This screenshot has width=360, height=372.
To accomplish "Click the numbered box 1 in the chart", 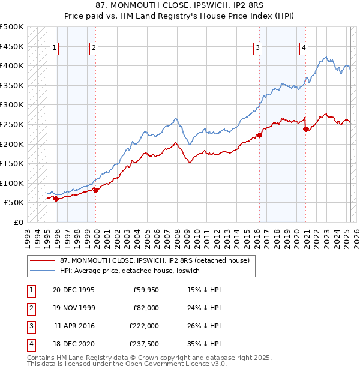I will click(x=54, y=49).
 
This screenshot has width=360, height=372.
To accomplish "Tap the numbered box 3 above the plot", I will click(x=257, y=49).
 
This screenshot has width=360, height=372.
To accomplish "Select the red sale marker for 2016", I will click(x=260, y=135).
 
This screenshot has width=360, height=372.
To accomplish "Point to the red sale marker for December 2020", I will click(x=306, y=129).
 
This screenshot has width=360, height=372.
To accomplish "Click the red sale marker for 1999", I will click(x=95, y=190).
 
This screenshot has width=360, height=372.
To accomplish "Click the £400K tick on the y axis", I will click(x=13, y=65).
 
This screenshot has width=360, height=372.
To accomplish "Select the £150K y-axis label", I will click(x=13, y=163).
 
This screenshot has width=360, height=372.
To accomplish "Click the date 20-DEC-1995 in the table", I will click(x=73, y=290).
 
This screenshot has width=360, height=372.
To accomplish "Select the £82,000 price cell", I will click(x=146, y=308).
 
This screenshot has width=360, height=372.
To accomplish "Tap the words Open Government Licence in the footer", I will click(x=174, y=364).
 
